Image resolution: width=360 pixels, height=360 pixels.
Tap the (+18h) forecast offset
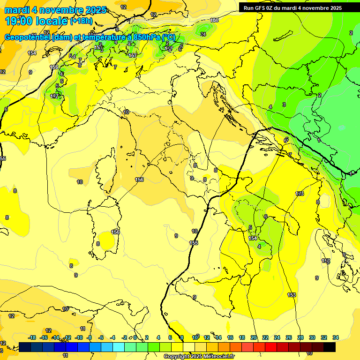point(81,21)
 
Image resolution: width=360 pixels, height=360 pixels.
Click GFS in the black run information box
point(263,8)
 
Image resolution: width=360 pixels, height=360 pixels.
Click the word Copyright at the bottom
point(178,357)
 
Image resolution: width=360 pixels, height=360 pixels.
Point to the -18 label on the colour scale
point(32,337)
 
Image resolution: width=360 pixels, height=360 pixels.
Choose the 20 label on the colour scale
point(254,337)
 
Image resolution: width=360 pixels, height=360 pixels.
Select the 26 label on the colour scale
point(288,337)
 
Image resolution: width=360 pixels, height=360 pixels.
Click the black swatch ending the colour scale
point(329,347)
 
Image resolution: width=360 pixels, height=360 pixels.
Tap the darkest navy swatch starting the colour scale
point(25,347)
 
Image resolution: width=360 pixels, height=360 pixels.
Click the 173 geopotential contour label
point(300,194)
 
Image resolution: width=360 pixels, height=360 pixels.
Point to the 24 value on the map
point(203,34)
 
